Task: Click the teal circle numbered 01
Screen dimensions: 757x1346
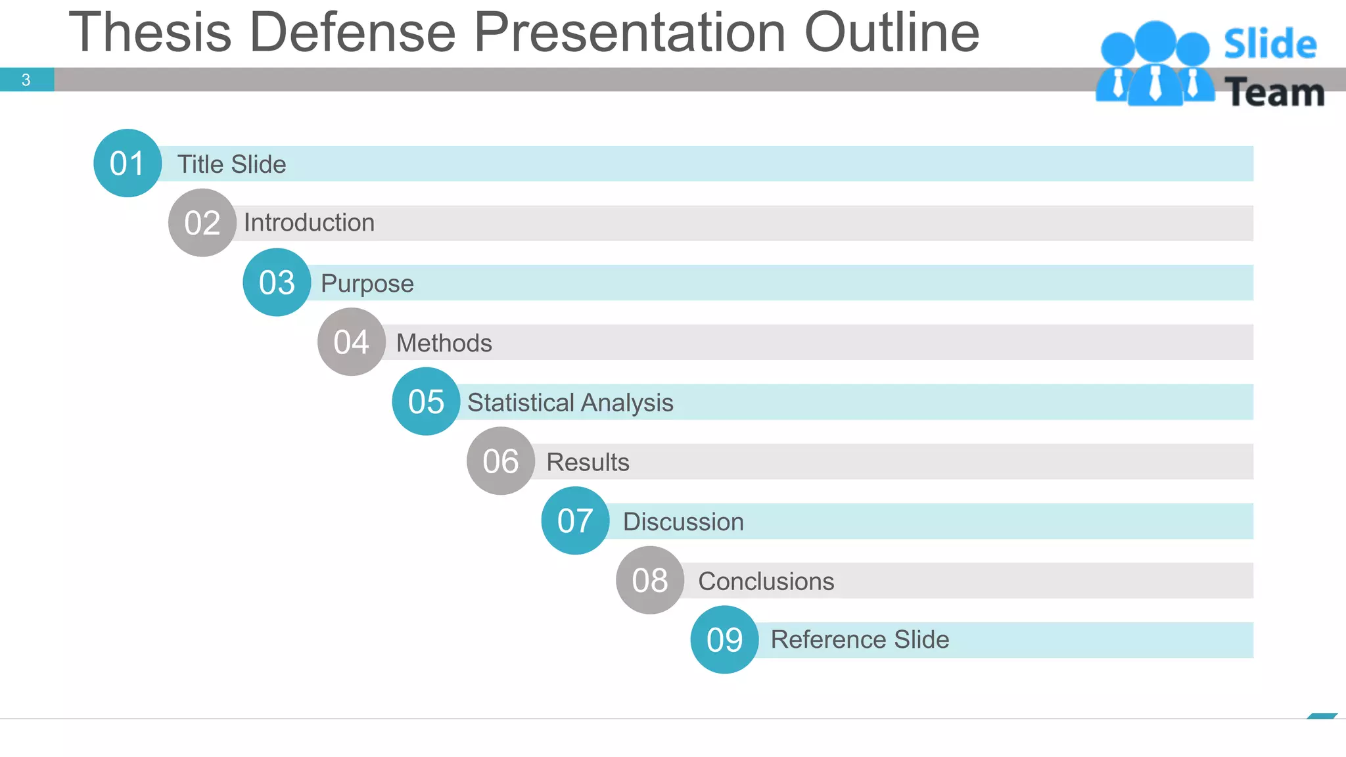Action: coord(128,163)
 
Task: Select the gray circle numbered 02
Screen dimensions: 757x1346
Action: coord(202,223)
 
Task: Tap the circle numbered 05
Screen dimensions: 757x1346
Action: coord(426,401)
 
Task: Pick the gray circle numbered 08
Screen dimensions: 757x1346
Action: coord(650,580)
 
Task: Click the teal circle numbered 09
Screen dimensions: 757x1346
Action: coord(724,639)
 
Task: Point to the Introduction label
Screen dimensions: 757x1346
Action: coord(309,223)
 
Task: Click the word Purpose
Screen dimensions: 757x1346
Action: coord(367,283)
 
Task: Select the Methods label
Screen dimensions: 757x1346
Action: coord(444,343)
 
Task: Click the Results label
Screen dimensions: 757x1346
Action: coord(588,462)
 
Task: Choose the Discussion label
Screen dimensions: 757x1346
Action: coord(683,522)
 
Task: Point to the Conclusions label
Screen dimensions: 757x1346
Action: coord(766,581)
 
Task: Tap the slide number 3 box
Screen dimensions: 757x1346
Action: coord(26,80)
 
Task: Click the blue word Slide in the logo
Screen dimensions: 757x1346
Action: coord(1270,45)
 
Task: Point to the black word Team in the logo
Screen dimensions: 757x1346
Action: coord(1274,92)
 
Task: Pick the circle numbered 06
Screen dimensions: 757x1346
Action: coord(500,461)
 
